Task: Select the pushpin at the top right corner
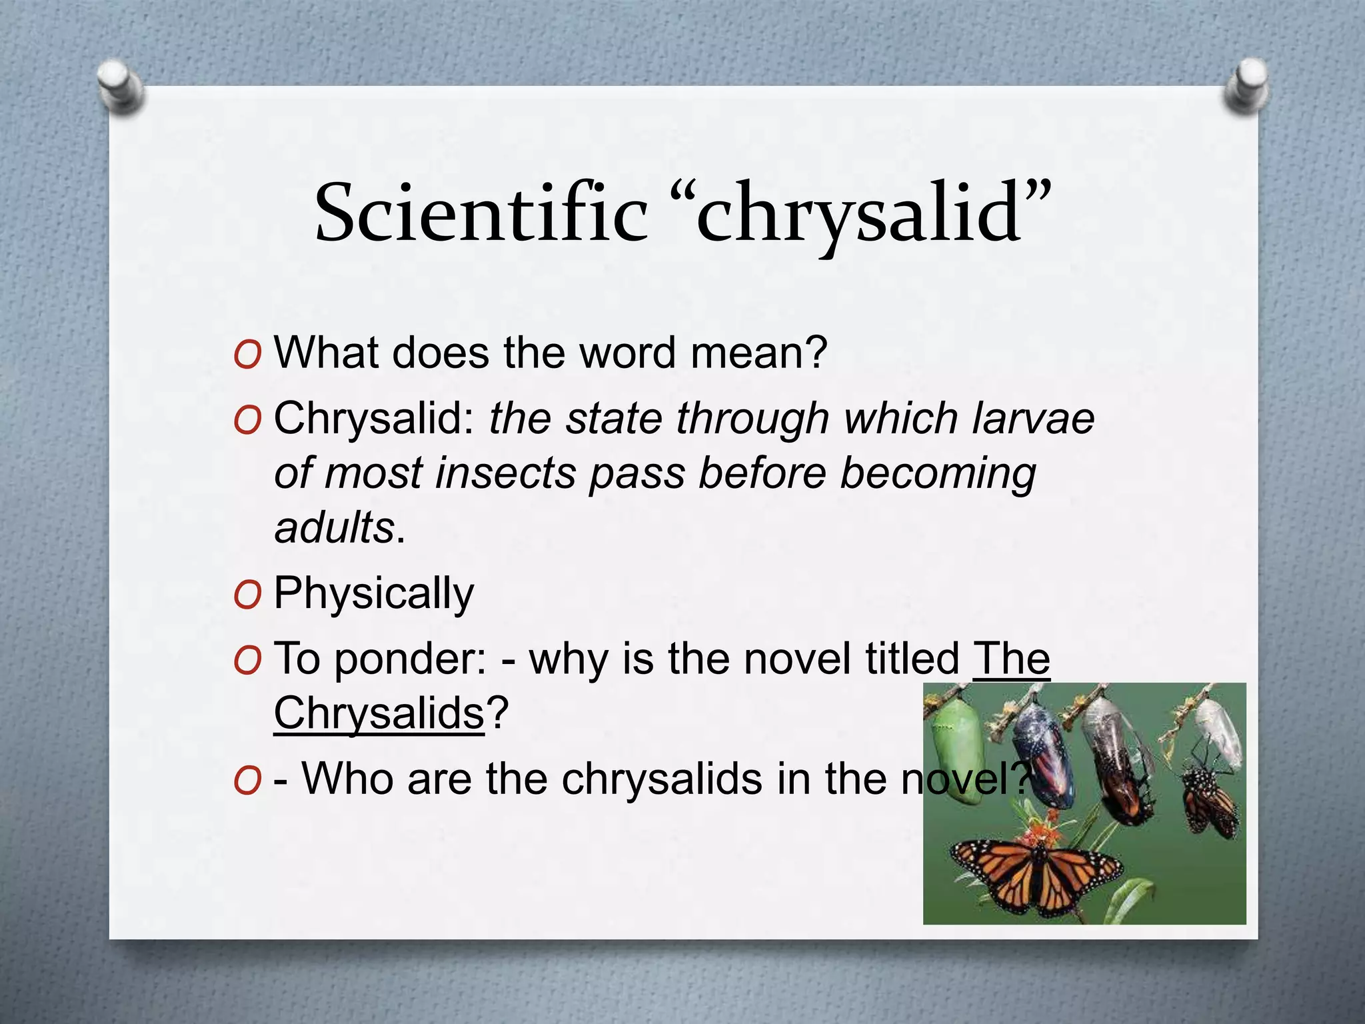[1245, 85]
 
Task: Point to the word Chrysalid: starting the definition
[373, 419]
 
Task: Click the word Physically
[373, 593]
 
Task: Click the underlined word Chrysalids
[379, 713]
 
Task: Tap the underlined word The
[1011, 659]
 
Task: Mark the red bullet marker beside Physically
[247, 595]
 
